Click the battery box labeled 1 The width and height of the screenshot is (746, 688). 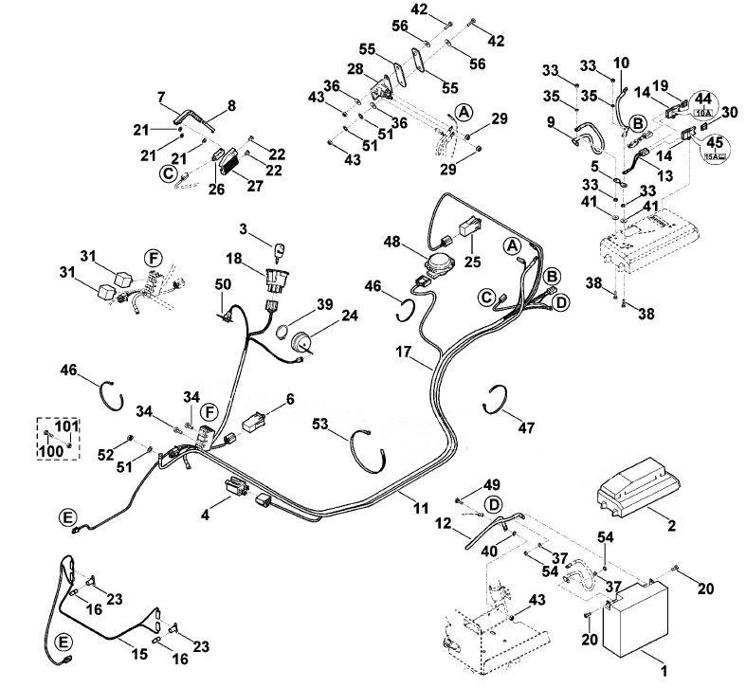tap(636, 619)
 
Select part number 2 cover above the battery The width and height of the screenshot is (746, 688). tap(638, 488)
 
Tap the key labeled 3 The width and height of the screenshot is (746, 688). tap(280, 252)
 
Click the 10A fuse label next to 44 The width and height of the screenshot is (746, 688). tap(702, 113)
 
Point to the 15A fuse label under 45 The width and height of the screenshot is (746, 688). tap(715, 156)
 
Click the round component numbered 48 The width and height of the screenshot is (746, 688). tap(439, 263)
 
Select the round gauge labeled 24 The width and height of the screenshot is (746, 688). tap(301, 340)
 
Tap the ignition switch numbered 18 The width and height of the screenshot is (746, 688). tap(278, 281)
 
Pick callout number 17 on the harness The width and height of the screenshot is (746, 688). tap(403, 353)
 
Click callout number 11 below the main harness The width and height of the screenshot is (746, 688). tap(421, 508)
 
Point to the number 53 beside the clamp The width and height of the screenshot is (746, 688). tap(320, 423)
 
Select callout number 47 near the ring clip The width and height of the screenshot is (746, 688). tap(526, 427)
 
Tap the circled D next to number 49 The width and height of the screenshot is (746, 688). tap(494, 504)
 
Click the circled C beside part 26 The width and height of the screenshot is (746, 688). tap(168, 173)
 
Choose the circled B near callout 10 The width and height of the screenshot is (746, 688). tap(637, 124)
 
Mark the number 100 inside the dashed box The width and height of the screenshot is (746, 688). tap(51, 450)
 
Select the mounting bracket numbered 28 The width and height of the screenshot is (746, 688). tap(382, 88)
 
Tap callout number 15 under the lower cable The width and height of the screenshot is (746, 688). tap(139, 654)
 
